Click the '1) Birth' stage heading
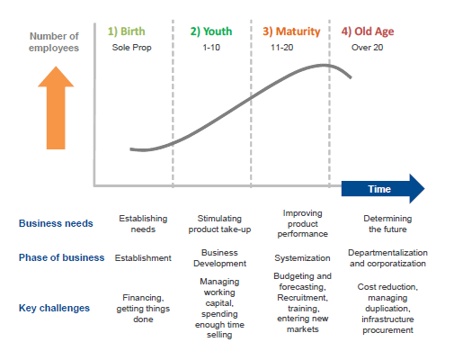pyautogui.click(x=126, y=31)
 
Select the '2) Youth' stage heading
pyautogui.click(x=211, y=31)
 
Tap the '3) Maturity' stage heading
pyautogui.click(x=291, y=31)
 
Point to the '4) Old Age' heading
pyautogui.click(x=368, y=31)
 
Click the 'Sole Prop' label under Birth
pyautogui.click(x=131, y=48)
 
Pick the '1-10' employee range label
pyautogui.click(x=211, y=48)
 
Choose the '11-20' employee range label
pyautogui.click(x=281, y=48)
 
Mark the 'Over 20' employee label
pyautogui.click(x=367, y=48)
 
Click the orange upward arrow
pyautogui.click(x=56, y=108)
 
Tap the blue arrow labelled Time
pyautogui.click(x=383, y=189)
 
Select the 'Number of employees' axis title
pyautogui.click(x=54, y=42)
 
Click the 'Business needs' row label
pyautogui.click(x=56, y=223)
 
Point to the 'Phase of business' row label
pyautogui.click(x=61, y=257)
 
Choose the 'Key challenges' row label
pyautogui.click(x=54, y=308)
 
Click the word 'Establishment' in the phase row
pyautogui.click(x=143, y=258)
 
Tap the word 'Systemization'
pyautogui.click(x=302, y=258)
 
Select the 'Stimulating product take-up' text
pyautogui.click(x=219, y=224)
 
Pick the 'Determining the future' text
pyautogui.click(x=387, y=224)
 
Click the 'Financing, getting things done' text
pyautogui.click(x=143, y=309)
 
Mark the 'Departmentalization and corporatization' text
pyautogui.click(x=387, y=258)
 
